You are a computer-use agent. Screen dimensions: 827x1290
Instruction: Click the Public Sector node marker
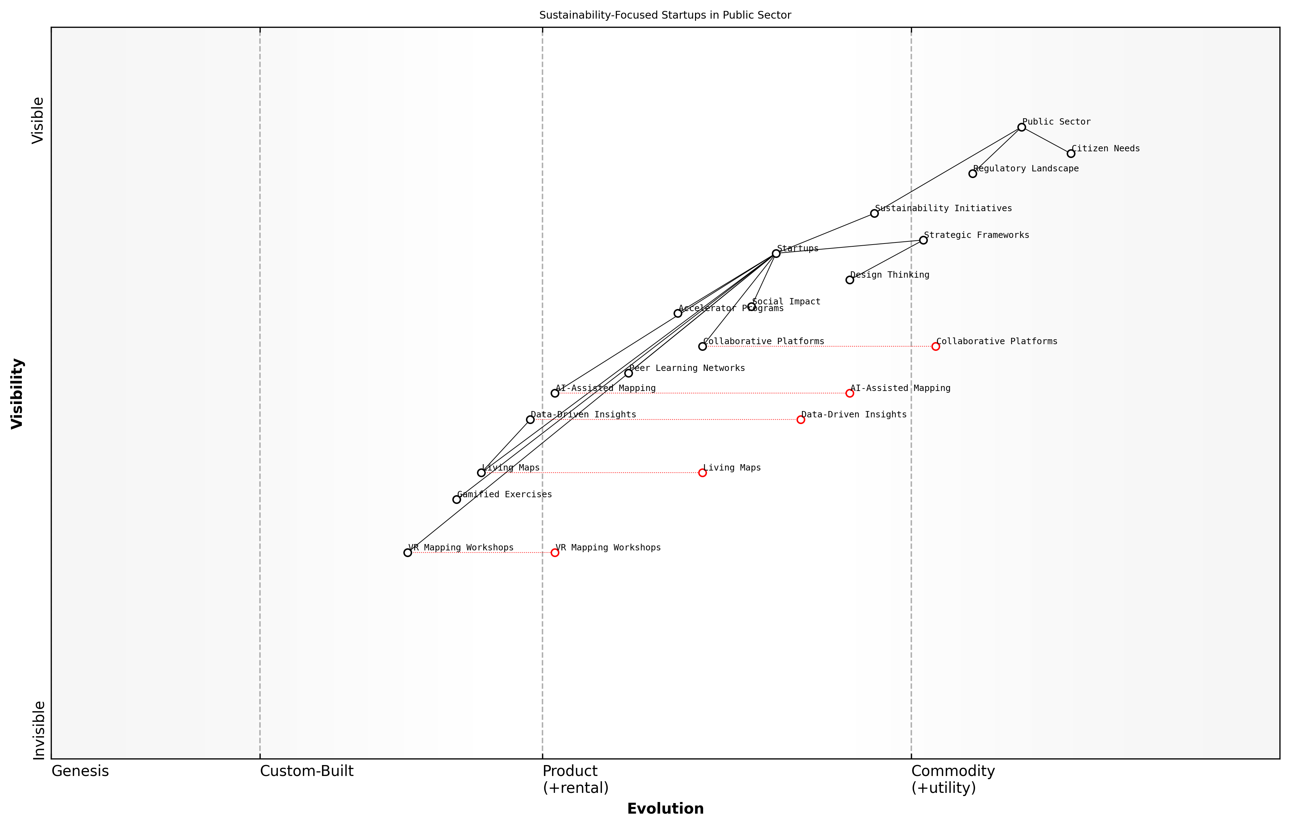click(1021, 127)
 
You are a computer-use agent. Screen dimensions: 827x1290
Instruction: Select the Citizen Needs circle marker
click(1071, 153)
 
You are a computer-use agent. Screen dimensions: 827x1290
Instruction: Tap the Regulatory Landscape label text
click(1025, 169)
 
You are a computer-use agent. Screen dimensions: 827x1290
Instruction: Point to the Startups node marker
click(776, 253)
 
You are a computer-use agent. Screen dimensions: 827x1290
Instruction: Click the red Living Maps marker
click(702, 473)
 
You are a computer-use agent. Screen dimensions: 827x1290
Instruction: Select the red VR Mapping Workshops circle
click(555, 553)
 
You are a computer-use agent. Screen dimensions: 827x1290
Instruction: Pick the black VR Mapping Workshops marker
click(408, 553)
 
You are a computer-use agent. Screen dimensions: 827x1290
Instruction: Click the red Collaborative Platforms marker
click(936, 346)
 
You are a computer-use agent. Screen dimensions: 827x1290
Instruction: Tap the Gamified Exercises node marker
click(456, 499)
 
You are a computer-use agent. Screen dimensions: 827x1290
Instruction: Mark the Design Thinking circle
click(850, 280)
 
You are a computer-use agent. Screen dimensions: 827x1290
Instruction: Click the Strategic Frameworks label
click(976, 235)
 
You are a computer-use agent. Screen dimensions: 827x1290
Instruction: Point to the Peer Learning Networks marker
click(628, 373)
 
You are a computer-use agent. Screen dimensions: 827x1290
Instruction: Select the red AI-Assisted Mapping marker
click(850, 393)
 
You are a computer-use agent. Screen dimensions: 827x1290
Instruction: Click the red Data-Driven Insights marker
click(801, 419)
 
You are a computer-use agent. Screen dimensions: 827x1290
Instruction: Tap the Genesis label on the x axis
click(80, 771)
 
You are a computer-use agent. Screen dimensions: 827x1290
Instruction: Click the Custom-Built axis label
click(307, 771)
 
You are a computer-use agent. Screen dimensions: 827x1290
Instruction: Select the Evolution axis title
click(665, 809)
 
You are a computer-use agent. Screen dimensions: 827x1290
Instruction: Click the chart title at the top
click(665, 15)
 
